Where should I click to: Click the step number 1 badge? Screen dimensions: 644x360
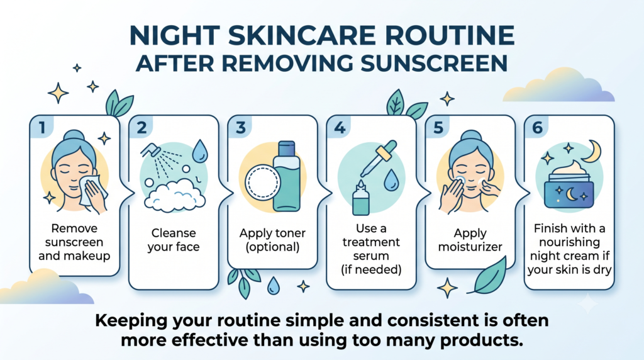coord(42,127)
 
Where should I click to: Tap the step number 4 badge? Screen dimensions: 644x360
coord(340,127)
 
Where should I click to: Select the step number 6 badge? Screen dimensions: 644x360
coord(537,127)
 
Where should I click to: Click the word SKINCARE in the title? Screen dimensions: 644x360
coord(302,35)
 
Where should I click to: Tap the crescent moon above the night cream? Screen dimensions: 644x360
coord(593,151)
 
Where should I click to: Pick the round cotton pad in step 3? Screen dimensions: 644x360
coord(262,183)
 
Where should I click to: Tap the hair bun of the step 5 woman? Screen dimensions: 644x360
coord(470,136)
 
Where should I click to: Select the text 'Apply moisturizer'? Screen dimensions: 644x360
coord(470,240)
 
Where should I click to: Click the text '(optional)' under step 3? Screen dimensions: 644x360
coord(272,247)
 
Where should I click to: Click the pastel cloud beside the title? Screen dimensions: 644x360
coord(558,86)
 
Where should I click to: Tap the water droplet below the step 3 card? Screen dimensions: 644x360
coord(273,286)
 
